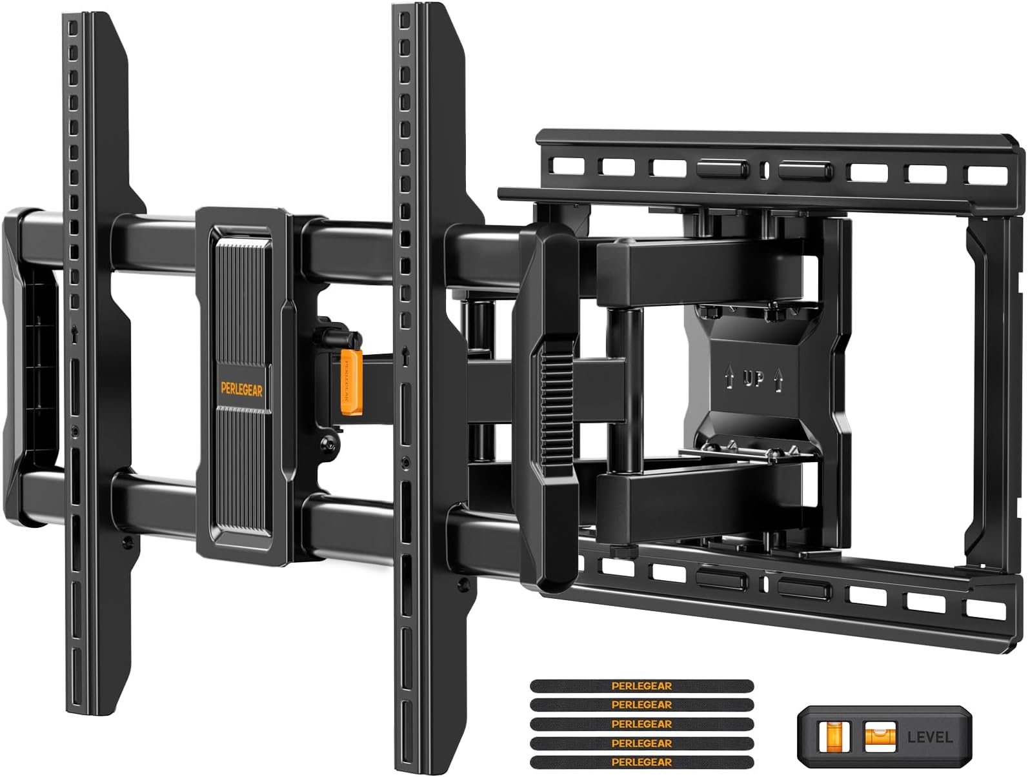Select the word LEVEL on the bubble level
929,736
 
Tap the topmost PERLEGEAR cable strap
641,686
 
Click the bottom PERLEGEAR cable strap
641,762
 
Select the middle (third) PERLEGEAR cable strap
641,724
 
